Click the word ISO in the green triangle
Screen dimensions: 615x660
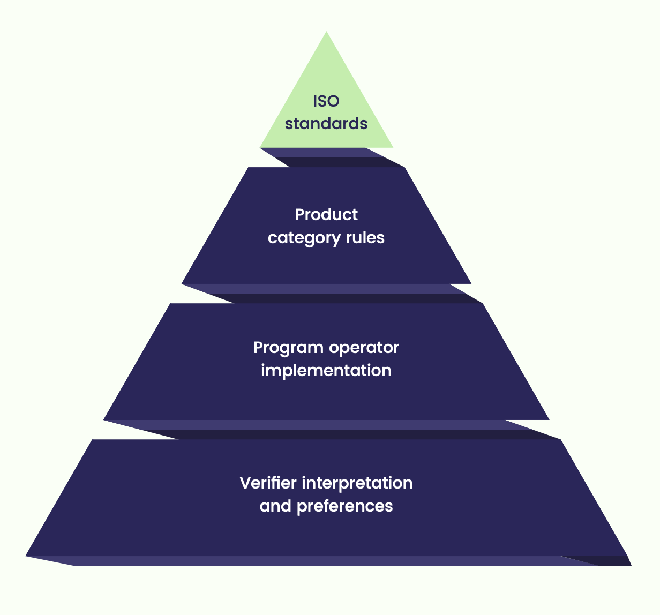(x=326, y=101)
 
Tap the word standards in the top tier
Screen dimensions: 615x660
(x=326, y=124)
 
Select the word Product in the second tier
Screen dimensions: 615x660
(x=326, y=215)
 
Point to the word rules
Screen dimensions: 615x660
(x=365, y=237)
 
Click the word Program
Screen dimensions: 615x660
(x=288, y=348)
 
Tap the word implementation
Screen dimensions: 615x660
(x=326, y=371)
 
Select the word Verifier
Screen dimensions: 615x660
(x=268, y=483)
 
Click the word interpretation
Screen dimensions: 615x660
(x=357, y=483)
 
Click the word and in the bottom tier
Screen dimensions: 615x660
(x=275, y=506)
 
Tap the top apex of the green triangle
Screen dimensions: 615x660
(x=326, y=33)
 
